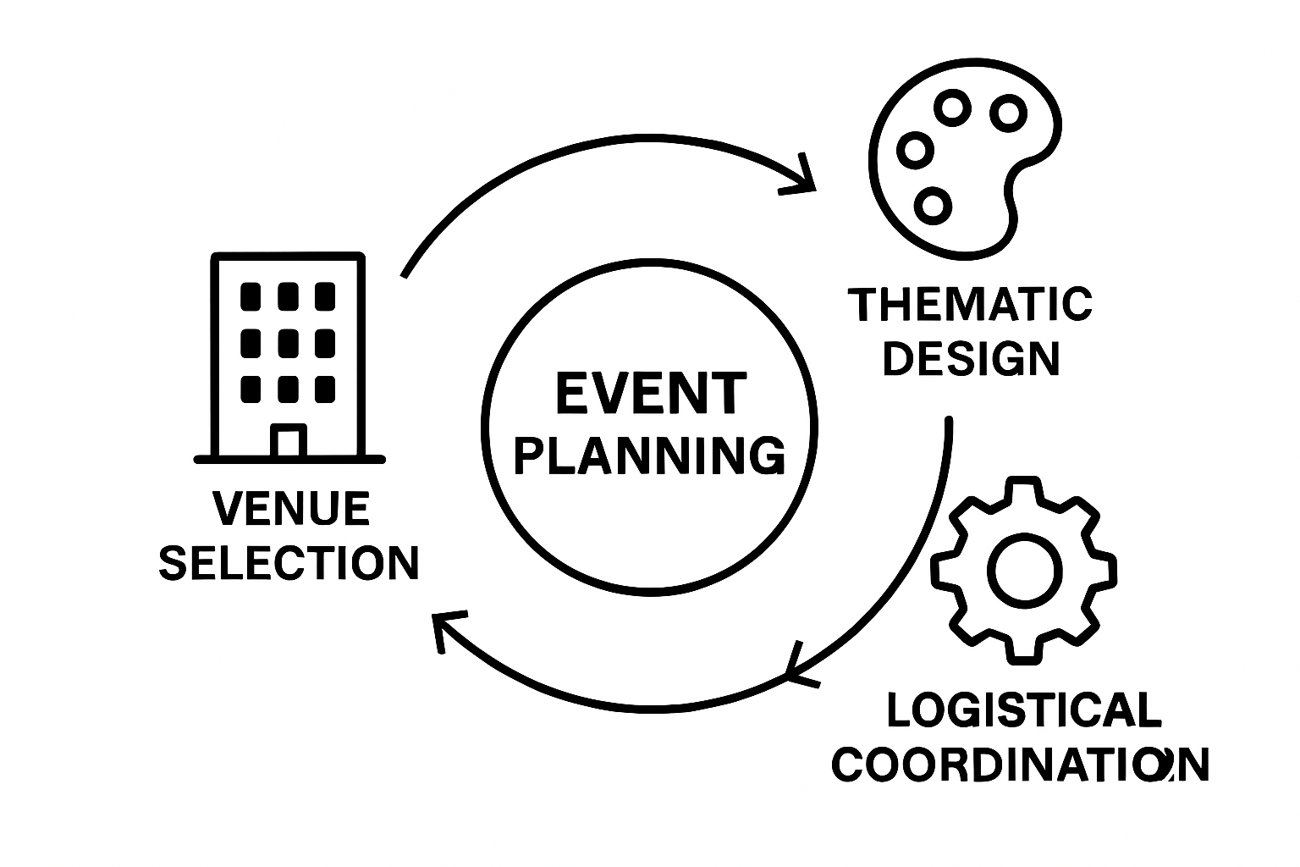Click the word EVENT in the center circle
(x=650, y=395)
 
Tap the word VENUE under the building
(x=290, y=509)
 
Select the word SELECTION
(x=289, y=562)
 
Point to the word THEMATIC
(x=970, y=305)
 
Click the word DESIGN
(x=971, y=359)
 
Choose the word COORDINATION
(x=1020, y=765)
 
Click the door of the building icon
(x=289, y=441)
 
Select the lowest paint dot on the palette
(x=934, y=205)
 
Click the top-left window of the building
(x=251, y=296)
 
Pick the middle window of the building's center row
(x=289, y=343)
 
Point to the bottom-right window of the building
(x=325, y=389)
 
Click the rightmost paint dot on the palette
(x=1008, y=113)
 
